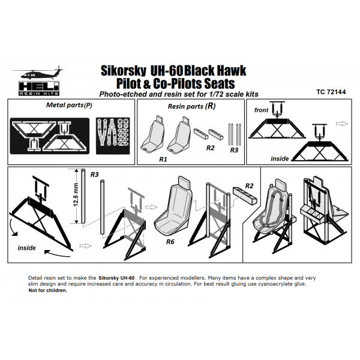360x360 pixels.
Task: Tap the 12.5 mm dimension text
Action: tap(76, 194)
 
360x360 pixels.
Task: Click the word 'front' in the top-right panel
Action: tap(261, 110)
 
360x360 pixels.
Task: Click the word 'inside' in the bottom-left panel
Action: tap(26, 247)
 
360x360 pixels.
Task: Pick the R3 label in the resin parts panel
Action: tap(235, 151)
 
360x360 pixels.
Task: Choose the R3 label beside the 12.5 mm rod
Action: tap(94, 175)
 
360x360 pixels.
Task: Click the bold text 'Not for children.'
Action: tap(48, 290)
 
